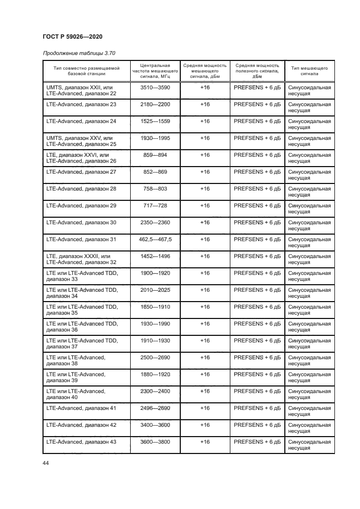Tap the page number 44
(45, 463)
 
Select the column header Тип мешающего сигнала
(309, 71)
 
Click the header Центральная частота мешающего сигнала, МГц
(155, 71)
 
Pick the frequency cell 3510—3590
(155, 87)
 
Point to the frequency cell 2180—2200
(155, 104)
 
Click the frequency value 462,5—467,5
(155, 239)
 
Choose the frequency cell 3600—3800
(155, 441)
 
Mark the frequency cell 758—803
(155, 188)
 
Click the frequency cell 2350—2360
(155, 222)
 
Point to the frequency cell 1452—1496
(155, 256)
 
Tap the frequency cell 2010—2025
(155, 290)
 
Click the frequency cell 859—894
(155, 155)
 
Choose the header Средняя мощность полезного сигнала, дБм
(257, 71)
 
